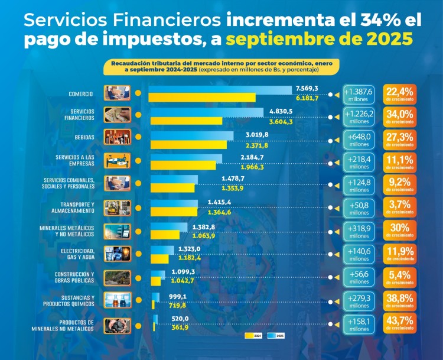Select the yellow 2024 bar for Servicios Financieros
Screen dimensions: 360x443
[x=185, y=121]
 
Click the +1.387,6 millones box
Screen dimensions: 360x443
[x=359, y=94]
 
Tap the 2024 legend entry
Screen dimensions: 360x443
[x=252, y=335]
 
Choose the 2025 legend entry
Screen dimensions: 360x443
[x=276, y=335]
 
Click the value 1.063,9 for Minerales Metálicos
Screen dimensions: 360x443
[x=203, y=236]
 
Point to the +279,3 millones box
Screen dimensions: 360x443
[x=359, y=300]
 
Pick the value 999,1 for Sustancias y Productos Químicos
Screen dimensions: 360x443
[x=178, y=297]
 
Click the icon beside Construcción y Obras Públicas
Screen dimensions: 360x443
[x=117, y=277]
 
